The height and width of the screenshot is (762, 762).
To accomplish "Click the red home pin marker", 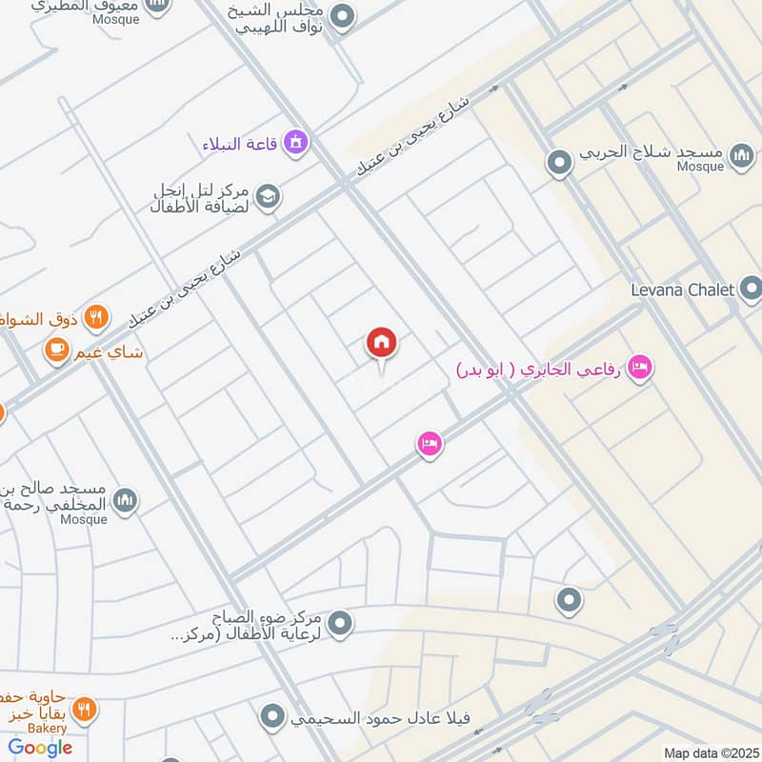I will tap(382, 343).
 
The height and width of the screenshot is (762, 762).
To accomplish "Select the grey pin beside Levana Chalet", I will tap(750, 288).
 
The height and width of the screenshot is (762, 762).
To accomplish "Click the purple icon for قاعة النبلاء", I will tap(296, 144).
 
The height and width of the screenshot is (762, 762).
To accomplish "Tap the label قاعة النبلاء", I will tap(239, 145).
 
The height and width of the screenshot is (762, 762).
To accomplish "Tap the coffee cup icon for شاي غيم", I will tap(56, 352).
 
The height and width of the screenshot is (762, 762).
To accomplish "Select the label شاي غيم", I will tap(110, 352).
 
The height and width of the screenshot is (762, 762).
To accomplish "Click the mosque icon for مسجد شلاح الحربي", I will tap(742, 155).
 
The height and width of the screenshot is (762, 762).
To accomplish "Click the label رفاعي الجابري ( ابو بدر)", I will tap(538, 368).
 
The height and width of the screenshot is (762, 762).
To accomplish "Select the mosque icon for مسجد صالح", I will tap(125, 499).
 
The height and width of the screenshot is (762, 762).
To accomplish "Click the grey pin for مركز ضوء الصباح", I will tap(341, 625).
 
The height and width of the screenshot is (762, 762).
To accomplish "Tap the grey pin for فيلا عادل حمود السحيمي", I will tap(274, 715).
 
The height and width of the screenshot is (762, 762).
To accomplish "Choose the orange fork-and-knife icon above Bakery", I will tap(84, 710).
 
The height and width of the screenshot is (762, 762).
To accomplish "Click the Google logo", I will tap(40, 748).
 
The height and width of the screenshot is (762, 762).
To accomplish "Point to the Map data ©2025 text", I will tap(710, 752).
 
